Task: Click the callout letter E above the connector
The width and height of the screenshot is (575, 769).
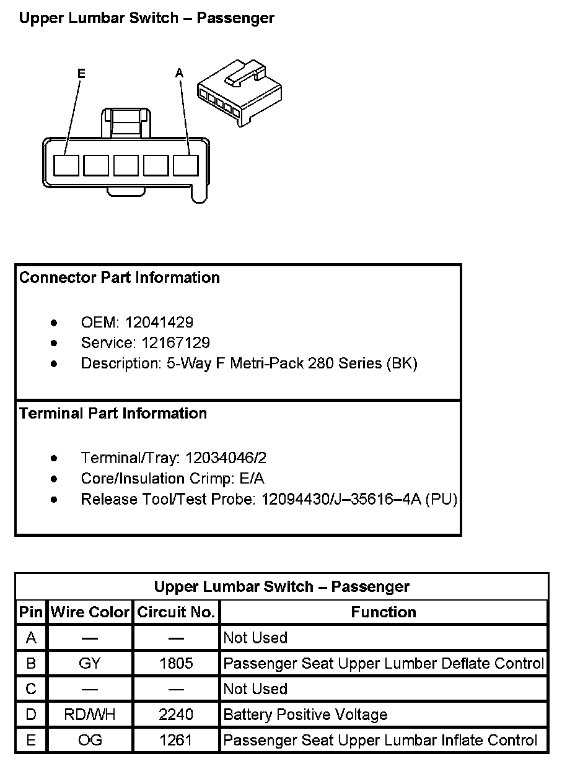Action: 81,74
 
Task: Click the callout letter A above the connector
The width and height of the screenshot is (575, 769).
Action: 180,74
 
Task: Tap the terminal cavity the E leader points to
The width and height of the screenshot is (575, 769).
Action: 66,165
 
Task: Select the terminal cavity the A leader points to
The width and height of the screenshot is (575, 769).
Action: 186,165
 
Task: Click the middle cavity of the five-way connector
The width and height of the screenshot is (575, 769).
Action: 126,165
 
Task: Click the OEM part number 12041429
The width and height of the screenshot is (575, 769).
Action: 159,323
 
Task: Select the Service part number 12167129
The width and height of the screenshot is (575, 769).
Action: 175,343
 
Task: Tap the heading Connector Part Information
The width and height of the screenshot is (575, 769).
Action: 120,278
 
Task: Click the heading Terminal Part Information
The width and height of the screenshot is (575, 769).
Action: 113,414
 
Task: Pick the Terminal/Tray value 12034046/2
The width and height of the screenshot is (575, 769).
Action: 226,458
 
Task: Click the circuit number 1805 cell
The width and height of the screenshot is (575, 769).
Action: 176,664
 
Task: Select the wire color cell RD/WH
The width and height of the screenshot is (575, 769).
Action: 90,715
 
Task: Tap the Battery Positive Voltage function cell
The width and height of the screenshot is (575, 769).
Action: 305,715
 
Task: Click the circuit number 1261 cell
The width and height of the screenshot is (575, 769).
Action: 176,741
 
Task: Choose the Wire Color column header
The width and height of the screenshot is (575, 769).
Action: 90,612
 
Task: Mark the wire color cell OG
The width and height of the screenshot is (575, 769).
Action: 90,741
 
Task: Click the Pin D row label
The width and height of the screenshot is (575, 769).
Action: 31,715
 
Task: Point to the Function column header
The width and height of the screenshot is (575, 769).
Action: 384,612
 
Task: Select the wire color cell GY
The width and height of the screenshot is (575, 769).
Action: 90,664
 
